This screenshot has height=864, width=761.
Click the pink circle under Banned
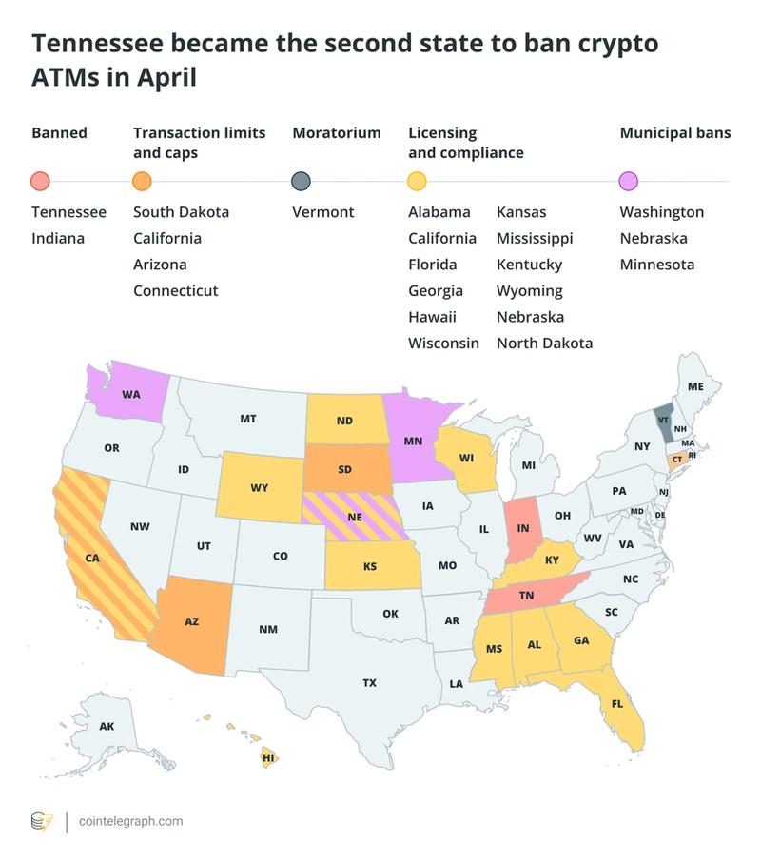(40, 181)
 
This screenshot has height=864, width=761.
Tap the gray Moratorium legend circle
(301, 181)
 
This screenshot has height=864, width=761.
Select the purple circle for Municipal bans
(628, 181)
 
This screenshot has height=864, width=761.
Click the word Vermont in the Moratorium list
(322, 212)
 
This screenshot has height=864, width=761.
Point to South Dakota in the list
(181, 212)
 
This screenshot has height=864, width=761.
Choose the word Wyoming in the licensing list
(529, 290)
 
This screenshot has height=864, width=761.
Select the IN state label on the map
(522, 526)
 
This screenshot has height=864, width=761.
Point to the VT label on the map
(664, 419)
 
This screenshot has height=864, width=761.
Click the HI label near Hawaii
(269, 758)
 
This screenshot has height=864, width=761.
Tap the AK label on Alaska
(107, 726)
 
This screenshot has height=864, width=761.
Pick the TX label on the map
(369, 682)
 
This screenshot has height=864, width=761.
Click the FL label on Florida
(616, 704)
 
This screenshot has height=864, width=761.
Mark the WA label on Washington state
(131, 393)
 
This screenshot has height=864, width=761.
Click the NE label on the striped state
(353, 518)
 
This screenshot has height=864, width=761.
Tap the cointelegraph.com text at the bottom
(130, 821)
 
